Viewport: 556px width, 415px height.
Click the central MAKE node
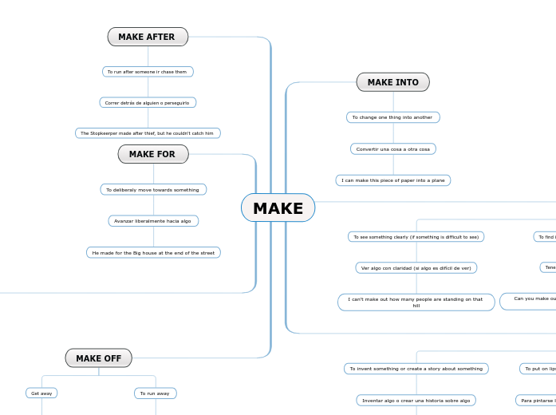[x=278, y=208]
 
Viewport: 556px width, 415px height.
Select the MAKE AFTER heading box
[x=148, y=37]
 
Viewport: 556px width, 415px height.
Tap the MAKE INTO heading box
[x=392, y=82]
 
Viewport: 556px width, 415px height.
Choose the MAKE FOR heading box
[x=153, y=154]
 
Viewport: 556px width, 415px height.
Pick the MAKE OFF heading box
[x=99, y=358]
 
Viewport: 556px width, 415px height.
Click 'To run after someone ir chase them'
[x=148, y=72]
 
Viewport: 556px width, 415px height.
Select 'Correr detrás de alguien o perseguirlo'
[x=148, y=102]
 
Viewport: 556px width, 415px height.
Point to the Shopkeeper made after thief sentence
[x=148, y=133]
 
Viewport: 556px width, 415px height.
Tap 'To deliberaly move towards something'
[x=153, y=190]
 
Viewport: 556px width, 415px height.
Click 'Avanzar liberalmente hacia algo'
[x=153, y=221]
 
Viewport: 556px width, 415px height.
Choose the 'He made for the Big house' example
[x=153, y=253]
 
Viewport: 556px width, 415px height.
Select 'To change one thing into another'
[x=392, y=117]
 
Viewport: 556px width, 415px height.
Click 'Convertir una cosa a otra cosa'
[x=392, y=149]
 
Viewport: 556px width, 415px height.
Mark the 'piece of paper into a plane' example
[x=392, y=180]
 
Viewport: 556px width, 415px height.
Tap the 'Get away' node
[x=41, y=393]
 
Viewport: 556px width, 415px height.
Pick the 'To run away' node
[x=155, y=393]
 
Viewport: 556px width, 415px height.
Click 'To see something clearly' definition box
[x=416, y=237]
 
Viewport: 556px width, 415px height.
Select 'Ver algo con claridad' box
[x=416, y=268]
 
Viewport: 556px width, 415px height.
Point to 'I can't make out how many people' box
[x=416, y=302]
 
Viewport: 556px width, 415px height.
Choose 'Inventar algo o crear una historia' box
[x=416, y=401]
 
